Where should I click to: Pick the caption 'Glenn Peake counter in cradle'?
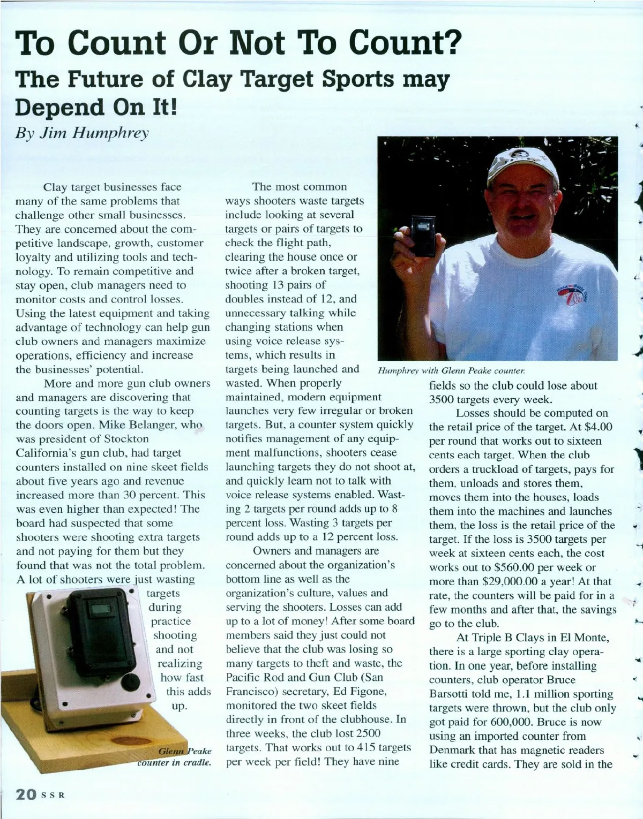coord(175,757)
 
